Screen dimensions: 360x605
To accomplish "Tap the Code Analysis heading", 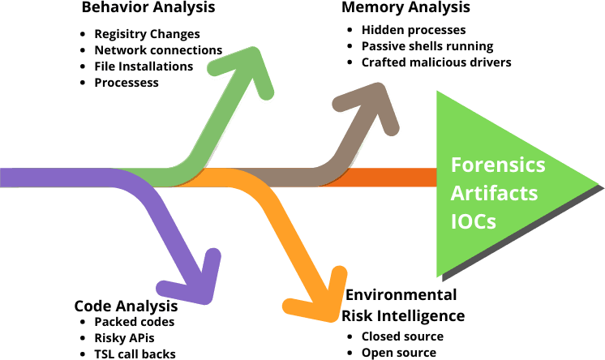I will (126, 306).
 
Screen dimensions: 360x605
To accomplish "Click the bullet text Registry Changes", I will (147, 34).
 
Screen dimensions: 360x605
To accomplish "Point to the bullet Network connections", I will (157, 50).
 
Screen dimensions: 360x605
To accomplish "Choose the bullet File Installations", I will (144, 66).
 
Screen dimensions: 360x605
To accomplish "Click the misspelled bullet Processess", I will (126, 83).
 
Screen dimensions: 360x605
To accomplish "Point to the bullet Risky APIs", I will (124, 337).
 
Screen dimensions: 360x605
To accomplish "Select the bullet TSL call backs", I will (135, 354).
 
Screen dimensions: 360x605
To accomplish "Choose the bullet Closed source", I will (402, 336).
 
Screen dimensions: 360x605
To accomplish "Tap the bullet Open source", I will (398, 352).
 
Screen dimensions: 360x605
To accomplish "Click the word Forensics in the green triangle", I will (498, 165).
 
